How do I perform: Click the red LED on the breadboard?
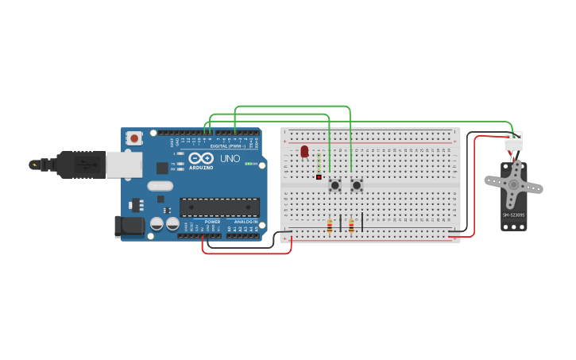[x=304, y=151]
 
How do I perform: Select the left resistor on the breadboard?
[x=330, y=227]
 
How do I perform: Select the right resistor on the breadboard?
[x=351, y=227]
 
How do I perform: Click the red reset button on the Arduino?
[x=134, y=138]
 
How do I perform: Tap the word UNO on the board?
[x=230, y=159]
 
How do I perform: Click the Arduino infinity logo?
[x=201, y=158]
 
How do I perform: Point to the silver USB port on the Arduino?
[x=124, y=164]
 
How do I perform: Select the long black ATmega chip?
[x=219, y=207]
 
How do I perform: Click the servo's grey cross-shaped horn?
[x=513, y=185]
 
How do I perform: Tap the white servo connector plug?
[x=513, y=141]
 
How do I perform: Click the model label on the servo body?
[x=513, y=215]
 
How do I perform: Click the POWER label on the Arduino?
[x=212, y=222]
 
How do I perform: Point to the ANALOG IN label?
[x=245, y=222]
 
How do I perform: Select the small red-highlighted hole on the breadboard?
[x=319, y=177]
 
